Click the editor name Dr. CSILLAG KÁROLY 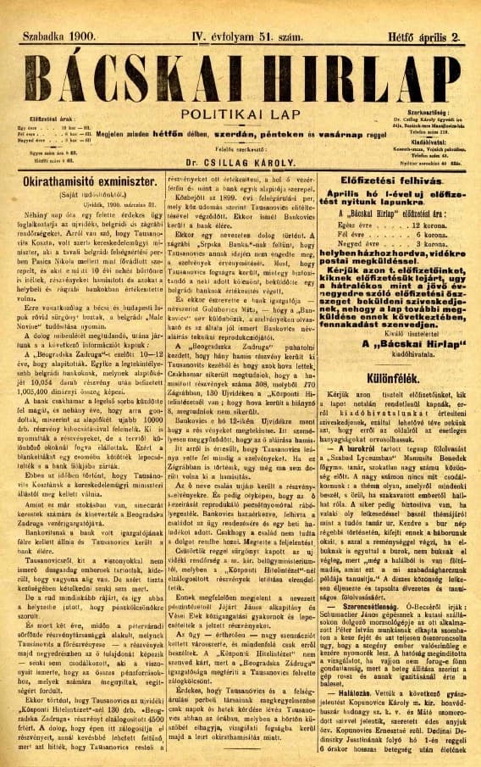[241, 159]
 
